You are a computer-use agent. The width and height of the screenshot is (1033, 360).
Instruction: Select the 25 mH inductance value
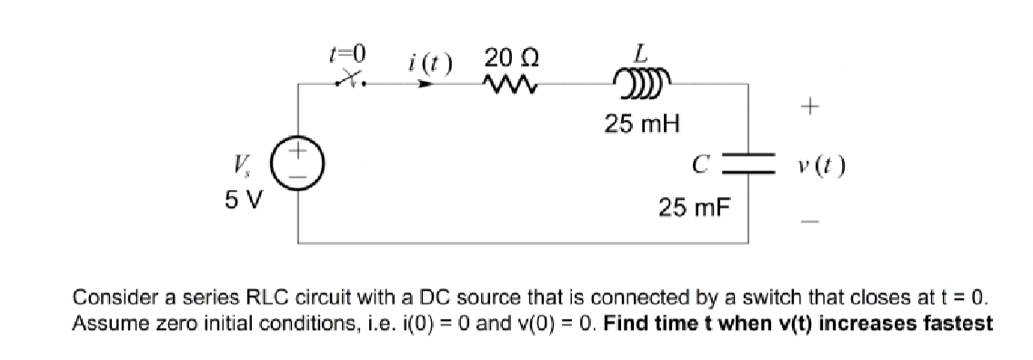[643, 122]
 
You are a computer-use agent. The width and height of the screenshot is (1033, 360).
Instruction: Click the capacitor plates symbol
[747, 169]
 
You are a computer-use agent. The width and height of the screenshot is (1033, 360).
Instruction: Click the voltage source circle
[300, 170]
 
